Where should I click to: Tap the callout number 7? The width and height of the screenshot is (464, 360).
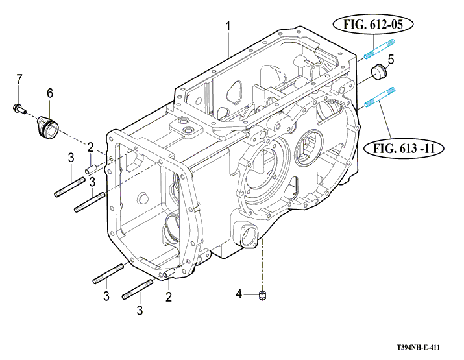tap(19, 78)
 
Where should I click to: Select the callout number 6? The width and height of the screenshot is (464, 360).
tap(49, 93)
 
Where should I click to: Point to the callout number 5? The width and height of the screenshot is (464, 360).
tap(391, 60)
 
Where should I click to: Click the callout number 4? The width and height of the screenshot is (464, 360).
tap(239, 294)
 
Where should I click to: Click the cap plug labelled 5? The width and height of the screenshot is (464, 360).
tap(377, 71)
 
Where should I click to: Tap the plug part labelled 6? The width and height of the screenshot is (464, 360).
tap(47, 123)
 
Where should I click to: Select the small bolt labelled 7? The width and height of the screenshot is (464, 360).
tap(18, 108)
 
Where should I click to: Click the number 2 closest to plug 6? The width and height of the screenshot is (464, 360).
tap(91, 147)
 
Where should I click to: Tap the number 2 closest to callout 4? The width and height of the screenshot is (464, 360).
tap(168, 297)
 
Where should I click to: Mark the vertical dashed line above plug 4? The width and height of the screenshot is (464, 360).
tap(263, 266)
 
